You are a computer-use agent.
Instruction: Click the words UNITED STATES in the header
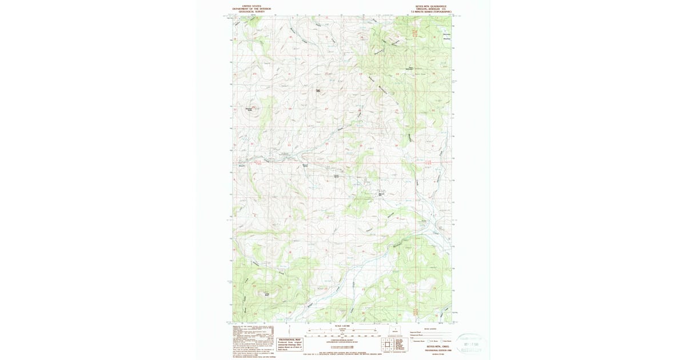point(252,5)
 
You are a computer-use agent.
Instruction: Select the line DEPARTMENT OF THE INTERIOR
point(252,8)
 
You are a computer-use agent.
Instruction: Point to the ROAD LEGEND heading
point(429,329)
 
